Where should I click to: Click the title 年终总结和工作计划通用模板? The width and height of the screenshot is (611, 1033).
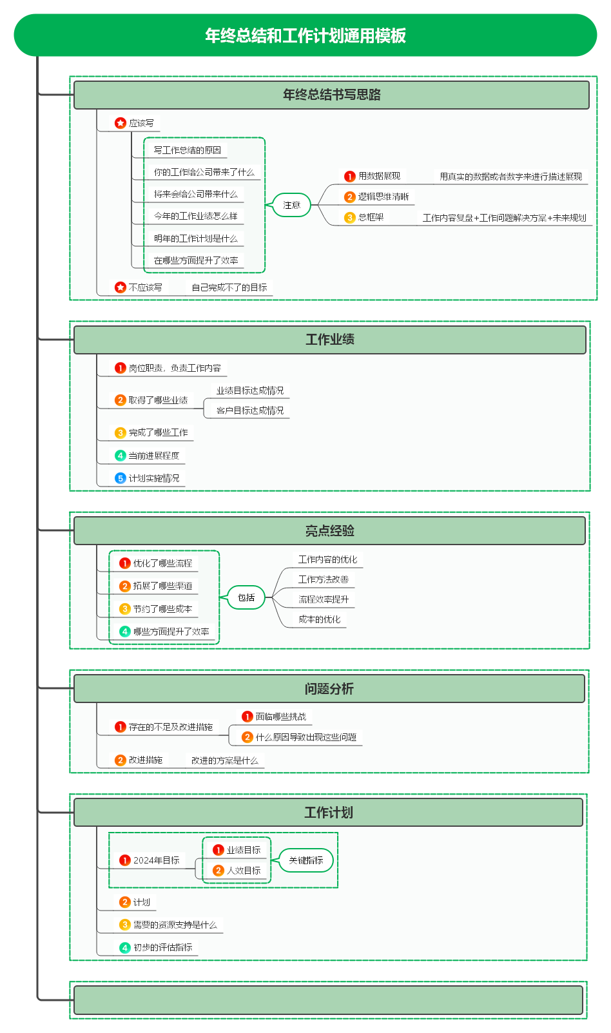[305, 35]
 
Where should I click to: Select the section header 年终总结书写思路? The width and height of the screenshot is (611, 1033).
[331, 95]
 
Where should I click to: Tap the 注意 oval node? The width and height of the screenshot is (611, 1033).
[291, 205]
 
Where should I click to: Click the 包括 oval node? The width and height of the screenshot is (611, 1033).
[246, 597]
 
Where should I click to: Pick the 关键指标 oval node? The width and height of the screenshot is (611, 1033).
[305, 860]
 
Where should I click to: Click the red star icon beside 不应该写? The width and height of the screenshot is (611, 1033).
[121, 287]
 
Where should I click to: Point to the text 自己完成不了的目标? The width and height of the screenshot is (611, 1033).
[229, 288]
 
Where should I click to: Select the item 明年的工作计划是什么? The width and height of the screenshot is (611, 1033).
[195, 238]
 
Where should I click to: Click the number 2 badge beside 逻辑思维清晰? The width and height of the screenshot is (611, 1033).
[349, 197]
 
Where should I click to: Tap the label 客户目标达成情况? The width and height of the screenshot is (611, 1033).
[250, 410]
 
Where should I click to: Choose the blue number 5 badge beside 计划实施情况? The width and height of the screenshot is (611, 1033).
[121, 478]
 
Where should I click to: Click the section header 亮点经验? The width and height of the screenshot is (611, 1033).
[330, 531]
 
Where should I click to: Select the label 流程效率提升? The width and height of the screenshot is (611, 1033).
[324, 599]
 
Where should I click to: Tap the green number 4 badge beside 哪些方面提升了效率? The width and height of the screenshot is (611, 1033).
[124, 632]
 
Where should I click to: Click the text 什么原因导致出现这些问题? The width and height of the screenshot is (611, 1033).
[305, 737]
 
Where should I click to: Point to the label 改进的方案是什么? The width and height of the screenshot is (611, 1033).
[224, 760]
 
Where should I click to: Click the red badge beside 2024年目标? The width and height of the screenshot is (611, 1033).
[124, 860]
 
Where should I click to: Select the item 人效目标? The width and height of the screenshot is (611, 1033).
[244, 871]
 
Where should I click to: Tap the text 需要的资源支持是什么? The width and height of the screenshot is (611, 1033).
[175, 925]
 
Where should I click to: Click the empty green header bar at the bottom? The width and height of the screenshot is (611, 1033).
[328, 999]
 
